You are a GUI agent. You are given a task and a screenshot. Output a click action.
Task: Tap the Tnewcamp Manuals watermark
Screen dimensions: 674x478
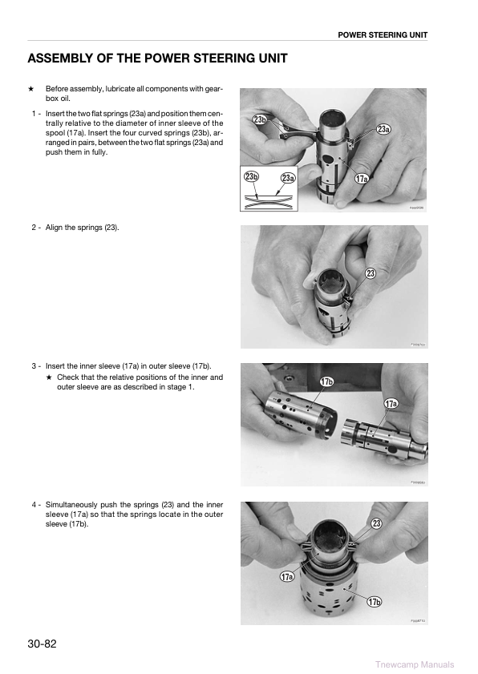tap(414, 664)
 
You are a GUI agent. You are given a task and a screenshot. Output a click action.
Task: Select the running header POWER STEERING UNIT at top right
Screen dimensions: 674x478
tap(383, 35)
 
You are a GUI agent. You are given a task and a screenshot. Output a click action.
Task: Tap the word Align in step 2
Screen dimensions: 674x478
tap(56, 228)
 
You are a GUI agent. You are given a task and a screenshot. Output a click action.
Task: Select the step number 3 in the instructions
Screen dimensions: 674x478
tap(33, 366)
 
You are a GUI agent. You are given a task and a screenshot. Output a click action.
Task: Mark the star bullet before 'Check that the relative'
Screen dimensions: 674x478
tap(49, 377)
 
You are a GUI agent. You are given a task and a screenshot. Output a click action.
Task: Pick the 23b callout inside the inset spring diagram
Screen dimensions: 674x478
tap(253, 176)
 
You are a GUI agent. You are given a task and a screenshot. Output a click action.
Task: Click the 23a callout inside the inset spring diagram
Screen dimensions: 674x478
tap(287, 178)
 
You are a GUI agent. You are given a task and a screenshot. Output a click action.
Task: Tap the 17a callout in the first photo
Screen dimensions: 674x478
tap(362, 178)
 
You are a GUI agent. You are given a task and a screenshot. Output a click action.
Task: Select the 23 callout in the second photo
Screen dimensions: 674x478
tap(371, 273)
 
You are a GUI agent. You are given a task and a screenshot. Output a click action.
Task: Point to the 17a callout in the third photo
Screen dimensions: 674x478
tap(390, 403)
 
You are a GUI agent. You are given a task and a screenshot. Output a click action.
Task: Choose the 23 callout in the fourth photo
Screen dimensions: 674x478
tap(375, 523)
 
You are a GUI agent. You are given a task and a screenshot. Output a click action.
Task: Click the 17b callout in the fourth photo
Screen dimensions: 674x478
tap(374, 602)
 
